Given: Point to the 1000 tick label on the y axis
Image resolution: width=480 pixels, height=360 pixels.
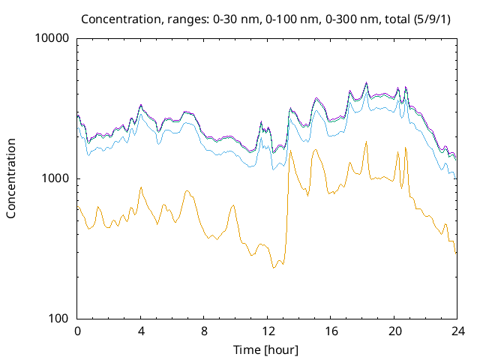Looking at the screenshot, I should (x=57, y=178).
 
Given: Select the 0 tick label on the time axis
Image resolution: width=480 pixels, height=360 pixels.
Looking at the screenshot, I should (x=77, y=331).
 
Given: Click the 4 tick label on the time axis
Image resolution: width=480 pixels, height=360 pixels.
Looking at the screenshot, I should (x=141, y=331).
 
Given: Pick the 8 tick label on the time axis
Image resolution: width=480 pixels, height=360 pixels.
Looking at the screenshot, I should (x=204, y=331).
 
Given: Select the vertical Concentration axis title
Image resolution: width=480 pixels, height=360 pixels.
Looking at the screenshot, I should (x=11, y=178).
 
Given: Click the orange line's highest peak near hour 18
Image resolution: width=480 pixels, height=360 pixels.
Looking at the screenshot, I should (x=366, y=141).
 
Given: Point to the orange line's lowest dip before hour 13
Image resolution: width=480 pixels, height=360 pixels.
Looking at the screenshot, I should (x=274, y=268).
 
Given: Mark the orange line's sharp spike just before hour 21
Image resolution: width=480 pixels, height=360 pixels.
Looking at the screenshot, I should (x=406, y=147).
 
